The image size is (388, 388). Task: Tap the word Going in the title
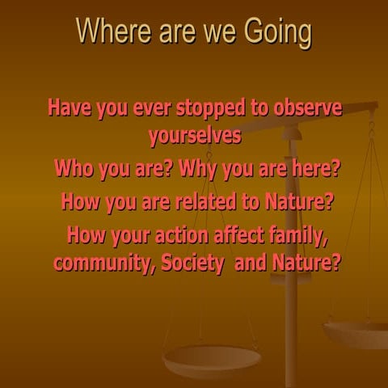[278, 33]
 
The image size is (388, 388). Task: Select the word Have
[70, 108]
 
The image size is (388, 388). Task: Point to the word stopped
[211, 110]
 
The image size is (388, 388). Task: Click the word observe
[308, 108]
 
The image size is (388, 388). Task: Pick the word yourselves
[195, 137]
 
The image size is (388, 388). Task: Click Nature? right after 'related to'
[299, 201]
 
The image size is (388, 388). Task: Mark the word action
[182, 235]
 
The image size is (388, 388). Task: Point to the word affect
[239, 234]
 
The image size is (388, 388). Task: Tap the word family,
[298, 237]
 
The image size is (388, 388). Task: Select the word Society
[192, 264]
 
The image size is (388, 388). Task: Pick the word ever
[152, 109]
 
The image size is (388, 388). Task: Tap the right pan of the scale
[356, 334]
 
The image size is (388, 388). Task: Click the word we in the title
[219, 34]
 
